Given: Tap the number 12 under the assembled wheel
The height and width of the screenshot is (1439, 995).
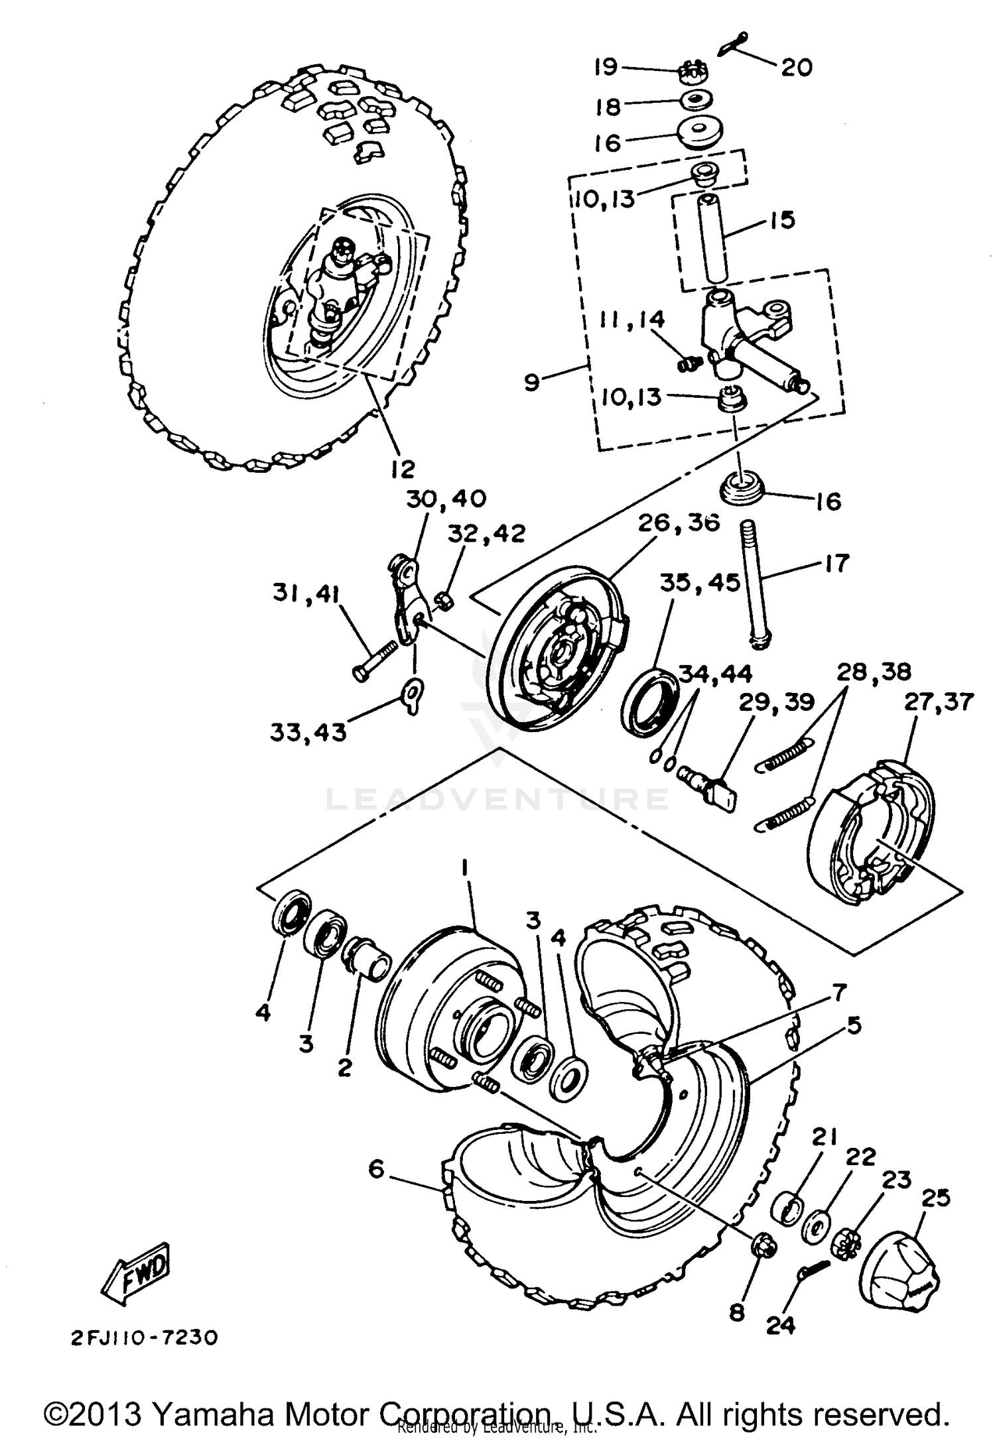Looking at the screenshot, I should (x=403, y=469).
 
